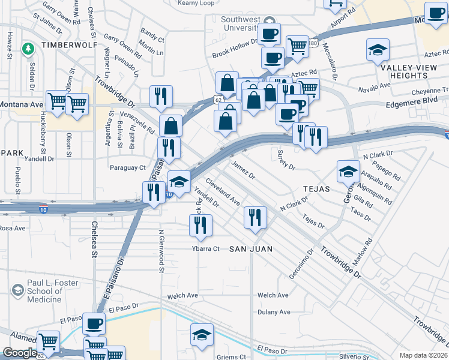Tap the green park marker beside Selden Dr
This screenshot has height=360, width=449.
[x=28, y=49]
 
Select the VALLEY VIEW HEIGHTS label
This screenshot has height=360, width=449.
[x=408, y=71]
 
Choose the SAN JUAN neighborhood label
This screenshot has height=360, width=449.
[x=251, y=248]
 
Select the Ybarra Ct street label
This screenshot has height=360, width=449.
[x=206, y=248]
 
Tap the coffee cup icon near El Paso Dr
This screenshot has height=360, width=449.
[x=93, y=324]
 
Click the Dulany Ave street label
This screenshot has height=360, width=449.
[x=274, y=312]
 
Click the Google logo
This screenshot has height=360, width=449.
[x=19, y=353]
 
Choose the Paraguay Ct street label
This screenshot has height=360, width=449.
[x=127, y=167]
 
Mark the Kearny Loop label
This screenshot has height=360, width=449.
[x=196, y=2]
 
